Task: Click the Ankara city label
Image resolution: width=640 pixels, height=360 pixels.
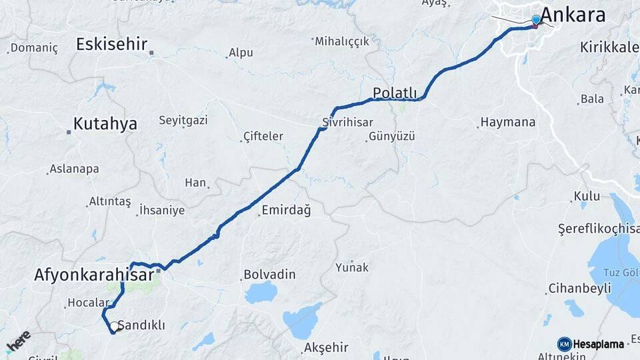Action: [x=573, y=15]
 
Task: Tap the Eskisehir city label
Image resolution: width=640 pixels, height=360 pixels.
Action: [x=111, y=45]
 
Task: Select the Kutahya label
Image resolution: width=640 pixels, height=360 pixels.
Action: [x=105, y=123]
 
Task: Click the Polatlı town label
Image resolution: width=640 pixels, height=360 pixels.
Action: [x=395, y=93]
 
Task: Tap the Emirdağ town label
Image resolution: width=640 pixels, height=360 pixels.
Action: [x=287, y=211]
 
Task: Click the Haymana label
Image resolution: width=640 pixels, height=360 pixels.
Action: [x=507, y=123]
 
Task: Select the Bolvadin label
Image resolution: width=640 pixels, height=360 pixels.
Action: [x=269, y=274]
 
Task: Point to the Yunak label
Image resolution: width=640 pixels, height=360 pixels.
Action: [x=352, y=267]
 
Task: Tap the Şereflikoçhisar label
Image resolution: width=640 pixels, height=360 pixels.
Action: [x=597, y=228]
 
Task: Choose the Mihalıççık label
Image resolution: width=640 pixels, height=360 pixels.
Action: [x=342, y=41]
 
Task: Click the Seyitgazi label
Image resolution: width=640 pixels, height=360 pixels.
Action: [x=183, y=120]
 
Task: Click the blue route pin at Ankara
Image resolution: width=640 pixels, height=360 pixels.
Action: [x=536, y=21]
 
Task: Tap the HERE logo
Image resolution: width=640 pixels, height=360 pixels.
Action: [x=18, y=341]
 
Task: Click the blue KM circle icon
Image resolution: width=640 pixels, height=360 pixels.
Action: [x=564, y=344]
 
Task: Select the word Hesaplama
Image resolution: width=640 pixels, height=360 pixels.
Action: [x=601, y=344]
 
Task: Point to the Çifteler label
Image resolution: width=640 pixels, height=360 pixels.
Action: [x=263, y=136]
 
